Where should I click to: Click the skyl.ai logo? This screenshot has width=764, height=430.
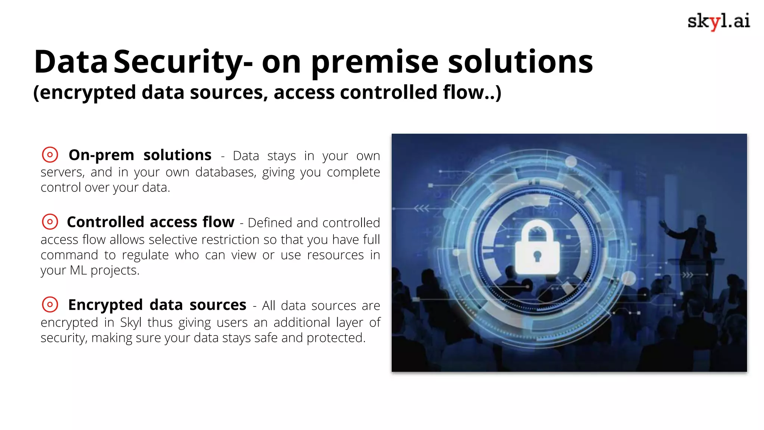[x=718, y=21]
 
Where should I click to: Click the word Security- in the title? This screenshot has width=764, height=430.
[x=183, y=62]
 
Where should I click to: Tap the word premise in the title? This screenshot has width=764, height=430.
[x=375, y=62]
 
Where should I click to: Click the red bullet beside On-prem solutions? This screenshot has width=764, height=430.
[x=50, y=155]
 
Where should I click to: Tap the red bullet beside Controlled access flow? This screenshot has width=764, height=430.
[x=50, y=222]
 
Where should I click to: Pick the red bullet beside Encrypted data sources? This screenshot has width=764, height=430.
[x=50, y=305]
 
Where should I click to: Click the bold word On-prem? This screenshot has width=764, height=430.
[x=101, y=155]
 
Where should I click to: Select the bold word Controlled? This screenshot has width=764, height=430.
[x=106, y=222]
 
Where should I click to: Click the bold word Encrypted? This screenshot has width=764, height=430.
[x=106, y=305]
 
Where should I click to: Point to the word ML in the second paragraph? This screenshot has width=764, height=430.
[x=78, y=270]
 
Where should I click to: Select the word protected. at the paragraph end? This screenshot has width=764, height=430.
[x=336, y=338]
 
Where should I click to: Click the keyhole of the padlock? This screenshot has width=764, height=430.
[x=537, y=256]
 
